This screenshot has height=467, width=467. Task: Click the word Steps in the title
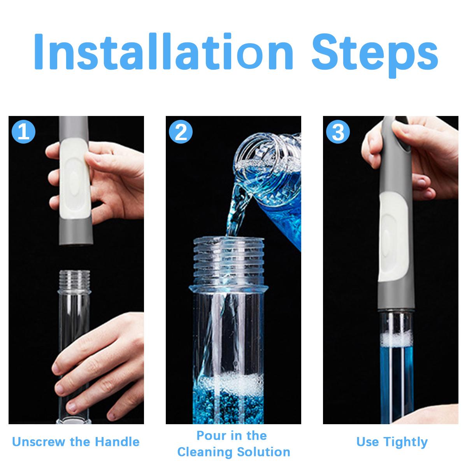[x=376, y=52]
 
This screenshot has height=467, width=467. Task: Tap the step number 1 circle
[x=24, y=132]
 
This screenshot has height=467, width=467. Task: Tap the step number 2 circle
[x=181, y=132]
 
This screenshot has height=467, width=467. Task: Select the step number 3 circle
[x=338, y=132]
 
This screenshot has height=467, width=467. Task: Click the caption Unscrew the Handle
[x=76, y=442]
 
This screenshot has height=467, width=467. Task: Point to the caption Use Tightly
[x=392, y=442]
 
